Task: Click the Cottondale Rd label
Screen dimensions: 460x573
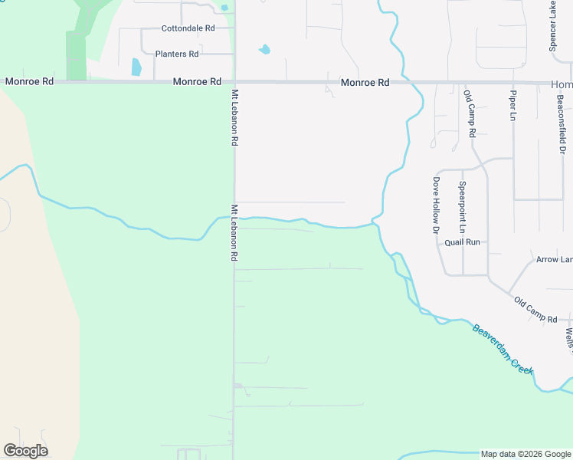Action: coord(188,28)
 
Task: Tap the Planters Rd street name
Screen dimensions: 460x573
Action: coord(177,54)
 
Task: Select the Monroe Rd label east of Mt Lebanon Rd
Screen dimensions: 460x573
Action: coord(365,82)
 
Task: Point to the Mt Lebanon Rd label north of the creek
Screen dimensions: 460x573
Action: coord(234,117)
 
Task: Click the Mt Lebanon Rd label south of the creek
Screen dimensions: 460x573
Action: coord(234,233)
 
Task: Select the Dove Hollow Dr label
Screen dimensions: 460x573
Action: coord(435,205)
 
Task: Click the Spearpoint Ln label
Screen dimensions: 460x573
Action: coord(462,207)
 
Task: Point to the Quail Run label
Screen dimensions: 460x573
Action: coord(462,242)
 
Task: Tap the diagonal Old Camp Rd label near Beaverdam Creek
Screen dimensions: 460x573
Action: coord(535,310)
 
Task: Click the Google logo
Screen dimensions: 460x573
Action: coord(25,451)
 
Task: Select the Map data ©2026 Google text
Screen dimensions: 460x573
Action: coord(525,454)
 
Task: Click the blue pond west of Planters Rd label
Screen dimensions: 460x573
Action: coord(136,67)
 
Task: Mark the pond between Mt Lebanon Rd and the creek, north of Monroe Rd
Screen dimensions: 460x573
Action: coord(265,50)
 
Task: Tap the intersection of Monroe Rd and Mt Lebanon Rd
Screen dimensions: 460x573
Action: coord(234,82)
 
